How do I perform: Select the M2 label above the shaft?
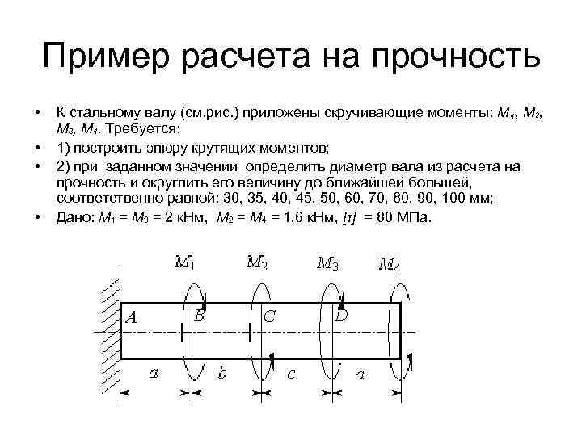click(x=257, y=262)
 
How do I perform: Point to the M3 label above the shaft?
click(x=327, y=262)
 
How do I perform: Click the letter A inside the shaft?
click(x=133, y=317)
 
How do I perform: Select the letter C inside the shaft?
click(x=269, y=317)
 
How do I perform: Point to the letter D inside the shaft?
click(x=342, y=315)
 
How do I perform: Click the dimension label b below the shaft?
click(x=223, y=372)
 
